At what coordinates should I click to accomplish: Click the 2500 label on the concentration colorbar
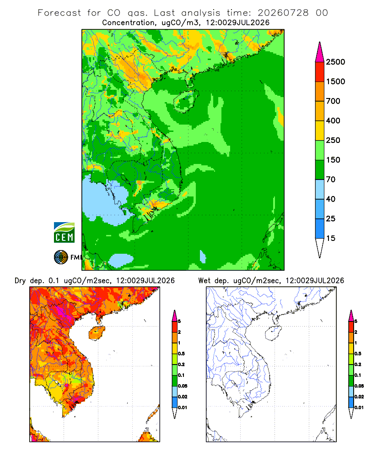[x=335, y=62]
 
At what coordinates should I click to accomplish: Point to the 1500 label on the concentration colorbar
[x=335, y=82]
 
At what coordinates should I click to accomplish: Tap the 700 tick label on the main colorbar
[x=333, y=101]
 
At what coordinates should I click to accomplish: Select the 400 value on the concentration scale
[x=333, y=120]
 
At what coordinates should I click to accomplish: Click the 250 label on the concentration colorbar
[x=333, y=140]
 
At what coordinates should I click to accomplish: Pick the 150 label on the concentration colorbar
[x=333, y=160]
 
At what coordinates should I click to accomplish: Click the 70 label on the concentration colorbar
[x=331, y=180]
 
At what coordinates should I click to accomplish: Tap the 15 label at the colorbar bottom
[x=331, y=238]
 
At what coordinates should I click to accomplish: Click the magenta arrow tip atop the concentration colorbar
[x=320, y=43]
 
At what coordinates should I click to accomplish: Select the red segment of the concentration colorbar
[x=320, y=72]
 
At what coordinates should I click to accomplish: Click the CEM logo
[x=64, y=233]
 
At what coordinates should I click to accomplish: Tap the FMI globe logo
[x=61, y=257]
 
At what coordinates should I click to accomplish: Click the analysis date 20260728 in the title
[x=283, y=13]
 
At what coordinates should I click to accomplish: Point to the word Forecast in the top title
[x=59, y=13]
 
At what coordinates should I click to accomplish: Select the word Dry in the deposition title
[x=20, y=281]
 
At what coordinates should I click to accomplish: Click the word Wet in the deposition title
[x=204, y=281]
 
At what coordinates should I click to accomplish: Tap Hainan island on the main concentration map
[x=186, y=101]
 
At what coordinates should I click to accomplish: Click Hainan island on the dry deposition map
[x=97, y=333]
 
